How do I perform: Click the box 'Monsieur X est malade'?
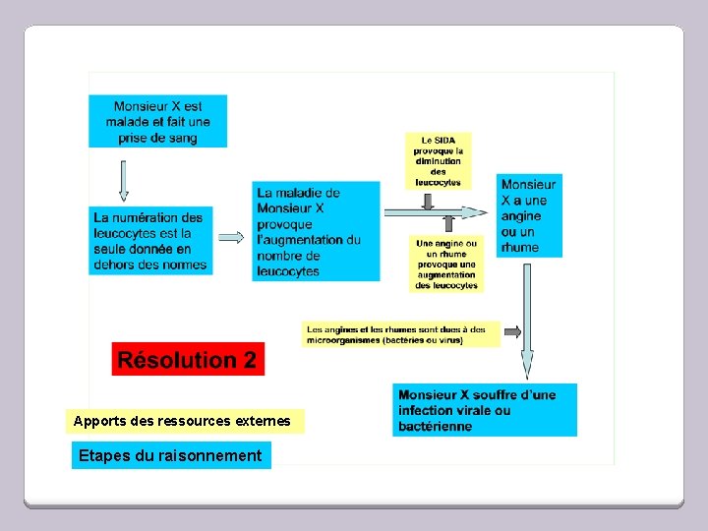(157, 121)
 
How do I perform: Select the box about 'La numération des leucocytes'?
(149, 240)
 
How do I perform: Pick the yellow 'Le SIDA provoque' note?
(438, 160)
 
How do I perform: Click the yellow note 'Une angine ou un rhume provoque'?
(445, 264)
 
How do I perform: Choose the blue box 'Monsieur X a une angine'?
(530, 215)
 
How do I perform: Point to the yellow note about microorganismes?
(401, 334)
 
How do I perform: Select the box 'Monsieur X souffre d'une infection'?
(485, 410)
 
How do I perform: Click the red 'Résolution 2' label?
(187, 360)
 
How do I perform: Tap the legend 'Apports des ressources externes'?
(184, 421)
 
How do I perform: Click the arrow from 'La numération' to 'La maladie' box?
(231, 237)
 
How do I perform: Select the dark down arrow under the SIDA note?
(428, 200)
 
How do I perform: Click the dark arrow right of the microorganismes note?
(512, 332)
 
